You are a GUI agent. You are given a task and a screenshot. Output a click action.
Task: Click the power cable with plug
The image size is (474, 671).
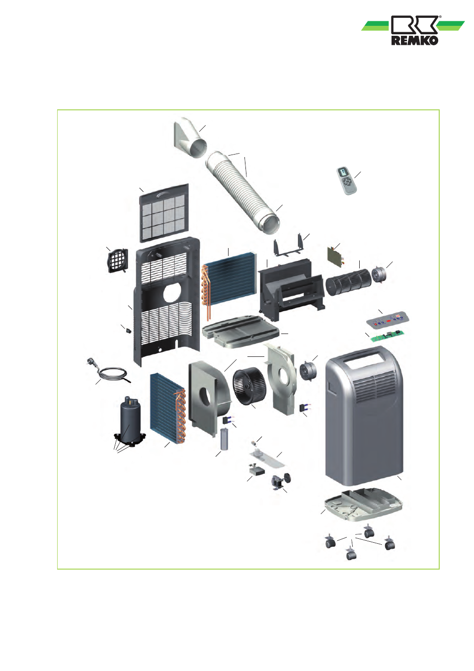coord(109,371)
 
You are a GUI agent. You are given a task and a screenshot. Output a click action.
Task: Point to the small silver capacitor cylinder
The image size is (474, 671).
coord(225,439)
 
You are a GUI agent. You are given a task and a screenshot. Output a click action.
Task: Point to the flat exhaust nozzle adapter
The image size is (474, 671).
coord(190,137)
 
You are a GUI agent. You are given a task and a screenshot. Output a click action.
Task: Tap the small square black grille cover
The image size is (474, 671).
coord(118,261)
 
